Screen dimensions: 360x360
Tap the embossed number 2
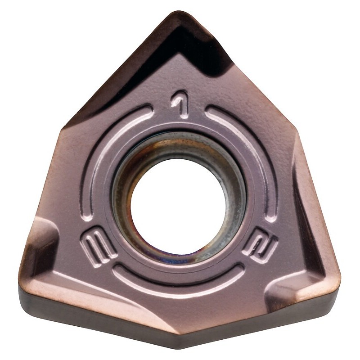click(x=260, y=244)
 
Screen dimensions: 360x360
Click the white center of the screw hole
click(x=178, y=205)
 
